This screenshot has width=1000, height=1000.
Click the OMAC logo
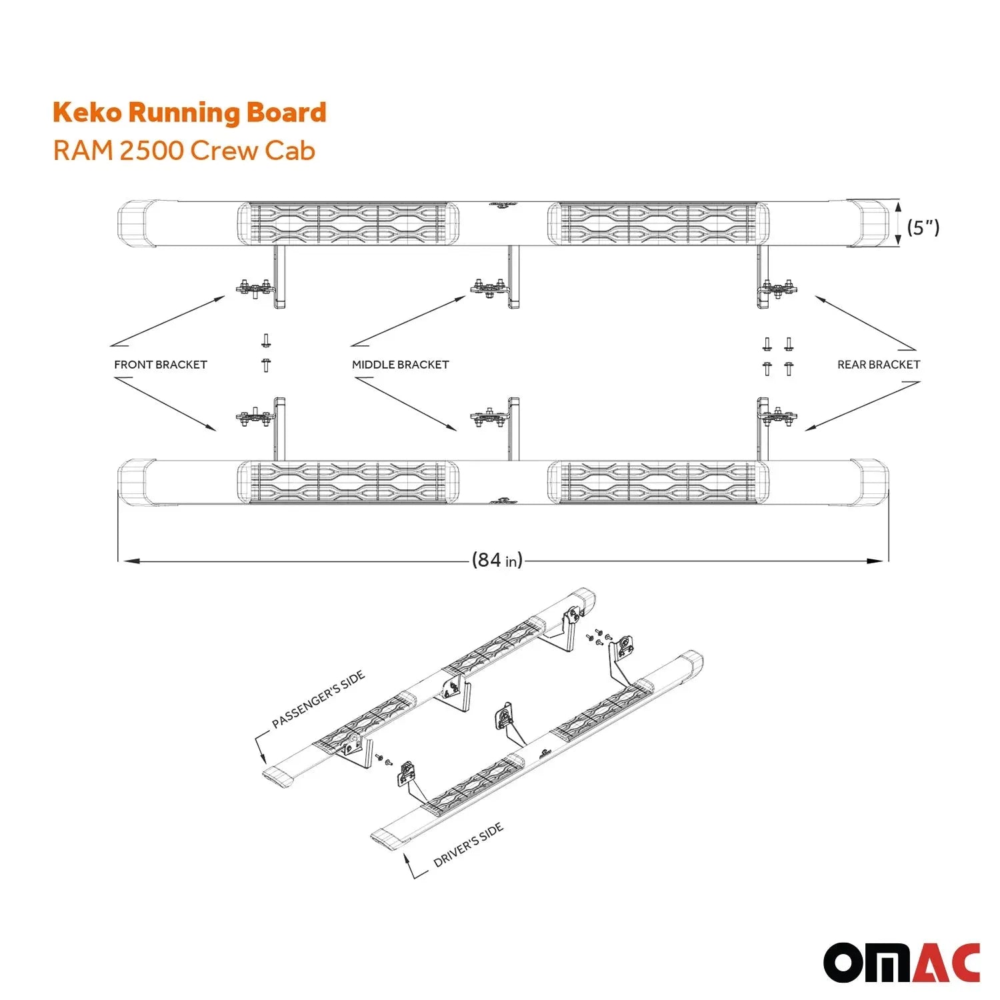tap(901, 963)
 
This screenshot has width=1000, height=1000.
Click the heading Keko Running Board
tap(189, 113)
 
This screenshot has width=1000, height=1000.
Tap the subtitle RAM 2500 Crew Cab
tap(184, 151)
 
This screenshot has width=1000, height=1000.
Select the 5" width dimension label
tap(923, 227)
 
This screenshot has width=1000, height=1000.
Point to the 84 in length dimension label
tap(497, 560)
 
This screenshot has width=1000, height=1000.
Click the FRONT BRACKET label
tap(161, 365)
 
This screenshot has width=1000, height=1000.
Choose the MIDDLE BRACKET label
tap(400, 365)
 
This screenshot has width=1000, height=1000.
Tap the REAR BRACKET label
tap(878, 365)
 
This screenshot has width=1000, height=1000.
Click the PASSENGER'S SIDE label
tap(319, 699)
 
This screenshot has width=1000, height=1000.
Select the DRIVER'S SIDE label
tap(468, 845)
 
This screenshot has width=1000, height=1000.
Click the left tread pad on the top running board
tap(349, 223)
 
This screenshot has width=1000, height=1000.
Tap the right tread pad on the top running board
tap(658, 223)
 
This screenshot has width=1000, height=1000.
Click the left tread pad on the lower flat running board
tap(349, 481)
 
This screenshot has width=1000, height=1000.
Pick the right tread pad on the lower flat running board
tap(658, 481)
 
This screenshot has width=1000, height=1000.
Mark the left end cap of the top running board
tap(137, 223)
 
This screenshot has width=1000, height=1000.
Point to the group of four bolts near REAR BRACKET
tap(778, 356)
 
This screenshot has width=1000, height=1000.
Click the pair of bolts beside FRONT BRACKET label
tap(266, 353)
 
